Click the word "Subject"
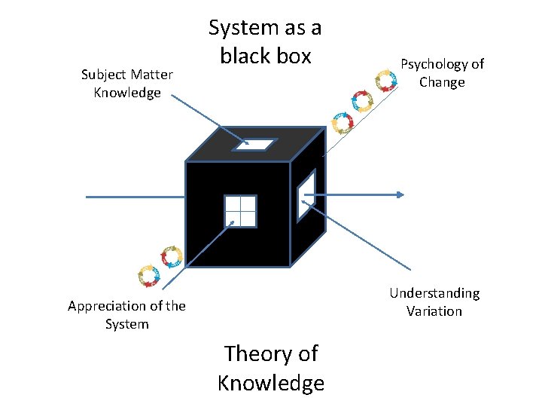click(105, 75)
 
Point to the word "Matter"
click(152, 75)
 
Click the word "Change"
click(442, 82)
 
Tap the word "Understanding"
click(434, 293)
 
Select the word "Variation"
click(434, 311)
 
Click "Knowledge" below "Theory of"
click(271, 383)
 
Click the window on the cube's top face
click(254, 145)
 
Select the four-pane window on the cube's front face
click(240, 210)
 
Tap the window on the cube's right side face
click(306, 195)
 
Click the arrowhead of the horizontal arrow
click(400, 195)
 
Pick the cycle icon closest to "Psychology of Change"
click(385, 80)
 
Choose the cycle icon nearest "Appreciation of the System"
click(148, 276)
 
